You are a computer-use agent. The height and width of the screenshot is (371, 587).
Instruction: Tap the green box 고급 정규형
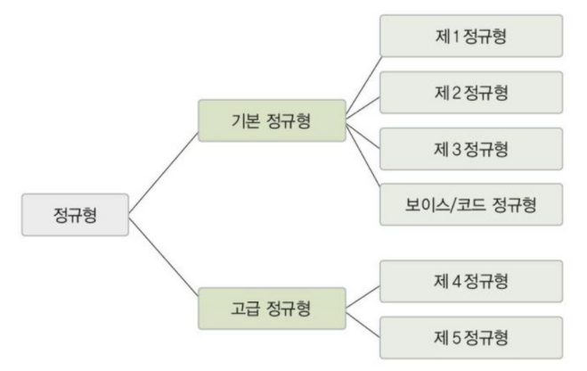tap(270, 309)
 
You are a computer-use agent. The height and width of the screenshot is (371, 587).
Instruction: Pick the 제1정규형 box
tap(472, 37)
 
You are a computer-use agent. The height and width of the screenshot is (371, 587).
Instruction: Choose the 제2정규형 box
tap(472, 93)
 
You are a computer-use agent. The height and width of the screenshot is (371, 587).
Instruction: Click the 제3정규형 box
tap(472, 149)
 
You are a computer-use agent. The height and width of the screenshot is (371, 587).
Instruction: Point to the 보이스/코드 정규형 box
tap(472, 204)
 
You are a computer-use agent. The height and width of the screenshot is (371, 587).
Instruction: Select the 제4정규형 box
tap(472, 282)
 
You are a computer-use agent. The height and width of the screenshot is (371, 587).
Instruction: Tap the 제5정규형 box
tap(472, 336)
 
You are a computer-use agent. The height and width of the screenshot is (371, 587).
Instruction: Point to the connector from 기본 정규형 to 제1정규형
tap(362, 78)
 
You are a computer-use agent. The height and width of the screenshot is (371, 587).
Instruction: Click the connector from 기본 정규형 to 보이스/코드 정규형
tap(363, 162)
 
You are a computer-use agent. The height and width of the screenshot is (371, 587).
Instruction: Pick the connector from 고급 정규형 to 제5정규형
tap(363, 322)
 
